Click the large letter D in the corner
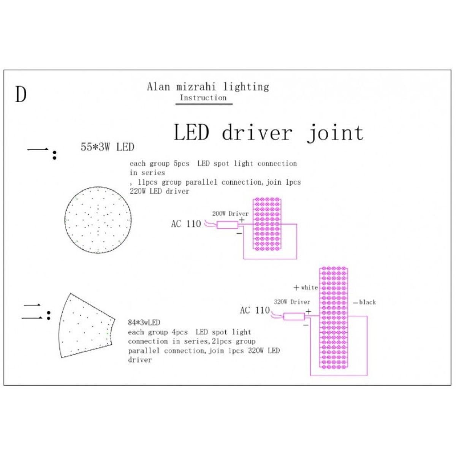click(x=21, y=94)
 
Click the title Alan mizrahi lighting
click(x=208, y=87)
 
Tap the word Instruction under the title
click(x=203, y=98)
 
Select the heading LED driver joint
click(x=269, y=133)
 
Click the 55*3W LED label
click(x=108, y=147)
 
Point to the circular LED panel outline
click(x=65, y=220)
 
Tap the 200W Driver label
click(x=230, y=214)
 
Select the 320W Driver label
click(x=292, y=302)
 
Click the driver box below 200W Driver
click(x=227, y=225)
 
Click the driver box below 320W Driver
click(x=294, y=317)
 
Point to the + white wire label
click(x=306, y=288)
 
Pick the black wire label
click(x=364, y=302)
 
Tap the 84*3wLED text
click(x=144, y=323)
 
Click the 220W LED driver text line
click(x=159, y=191)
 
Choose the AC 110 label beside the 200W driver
click(x=186, y=223)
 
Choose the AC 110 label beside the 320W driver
click(x=255, y=310)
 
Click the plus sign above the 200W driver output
click(x=242, y=220)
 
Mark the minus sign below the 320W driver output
click(x=306, y=325)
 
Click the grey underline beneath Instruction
click(x=204, y=104)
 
